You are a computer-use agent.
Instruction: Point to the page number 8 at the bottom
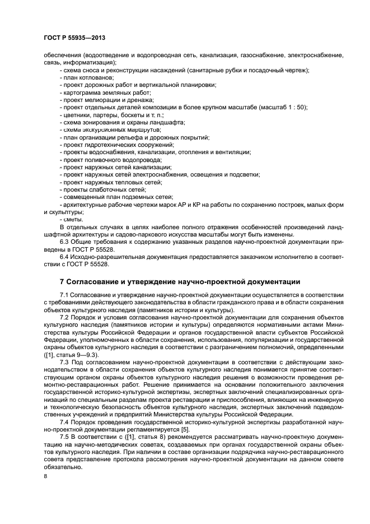(46, 476)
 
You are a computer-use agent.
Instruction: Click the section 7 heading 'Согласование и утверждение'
(180, 281)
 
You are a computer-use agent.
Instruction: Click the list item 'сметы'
(73, 219)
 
